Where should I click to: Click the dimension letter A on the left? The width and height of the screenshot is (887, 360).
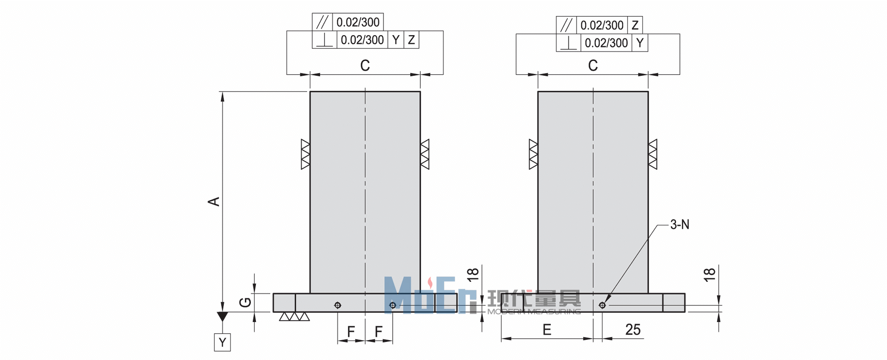tap(214, 201)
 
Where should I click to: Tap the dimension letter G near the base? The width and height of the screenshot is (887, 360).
tap(245, 303)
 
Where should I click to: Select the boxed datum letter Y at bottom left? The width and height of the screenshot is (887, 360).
tap(223, 342)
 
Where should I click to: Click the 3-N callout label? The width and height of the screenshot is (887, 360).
tap(680, 225)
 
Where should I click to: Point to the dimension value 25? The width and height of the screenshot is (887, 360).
tap(633, 329)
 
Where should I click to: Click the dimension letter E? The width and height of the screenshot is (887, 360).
tap(547, 329)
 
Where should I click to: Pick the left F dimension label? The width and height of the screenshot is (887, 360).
tap(351, 331)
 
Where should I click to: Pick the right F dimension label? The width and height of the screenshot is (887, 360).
tap(379, 331)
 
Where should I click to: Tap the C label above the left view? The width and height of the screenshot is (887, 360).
tap(365, 66)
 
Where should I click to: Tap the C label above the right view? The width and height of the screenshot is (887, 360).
tap(593, 66)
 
